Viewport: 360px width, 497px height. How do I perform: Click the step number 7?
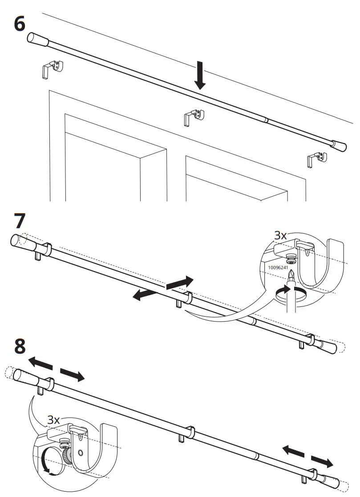pyautogui.click(x=20, y=221)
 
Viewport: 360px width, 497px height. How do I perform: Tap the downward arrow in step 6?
pyautogui.click(x=200, y=75)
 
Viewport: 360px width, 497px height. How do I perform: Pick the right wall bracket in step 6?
pyautogui.click(x=316, y=159)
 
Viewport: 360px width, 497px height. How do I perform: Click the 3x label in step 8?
pyautogui.click(x=53, y=420)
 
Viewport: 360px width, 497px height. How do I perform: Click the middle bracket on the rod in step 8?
pyautogui.click(x=189, y=432)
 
